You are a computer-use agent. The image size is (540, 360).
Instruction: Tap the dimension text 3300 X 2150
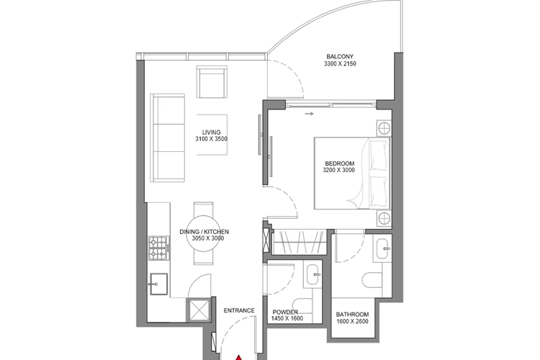point(341,64)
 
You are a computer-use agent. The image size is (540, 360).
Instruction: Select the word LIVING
point(211,132)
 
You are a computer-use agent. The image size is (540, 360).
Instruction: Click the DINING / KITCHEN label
point(204,231)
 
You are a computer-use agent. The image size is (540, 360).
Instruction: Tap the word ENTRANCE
point(239,310)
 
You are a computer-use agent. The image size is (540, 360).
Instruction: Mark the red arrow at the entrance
point(240,354)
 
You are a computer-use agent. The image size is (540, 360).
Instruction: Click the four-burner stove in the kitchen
point(158,248)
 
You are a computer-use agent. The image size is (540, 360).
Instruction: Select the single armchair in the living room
point(212,83)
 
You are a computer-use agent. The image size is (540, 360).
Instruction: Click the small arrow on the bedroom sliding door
point(310,113)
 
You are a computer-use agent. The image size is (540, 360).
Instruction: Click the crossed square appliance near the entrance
point(197,310)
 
